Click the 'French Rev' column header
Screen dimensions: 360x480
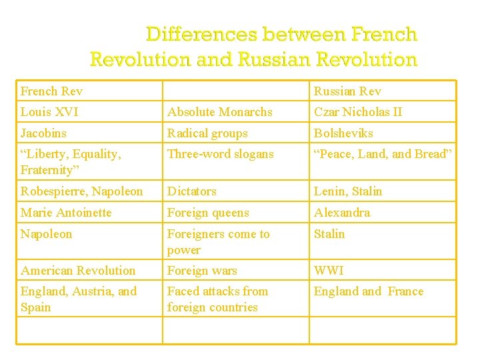pyautogui.click(x=51, y=91)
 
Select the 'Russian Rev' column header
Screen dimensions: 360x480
pyautogui.click(x=347, y=91)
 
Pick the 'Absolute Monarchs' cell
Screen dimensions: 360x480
pyautogui.click(x=219, y=112)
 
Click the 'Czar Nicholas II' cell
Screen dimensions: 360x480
pyautogui.click(x=358, y=112)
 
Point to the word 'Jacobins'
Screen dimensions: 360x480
pyautogui.click(x=43, y=133)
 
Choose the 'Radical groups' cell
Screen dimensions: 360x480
pyautogui.click(x=207, y=133)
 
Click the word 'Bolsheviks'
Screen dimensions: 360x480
pyautogui.click(x=343, y=133)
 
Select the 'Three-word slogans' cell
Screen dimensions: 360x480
pyautogui.click(x=220, y=154)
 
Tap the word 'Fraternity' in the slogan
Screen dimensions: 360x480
pyautogui.click(x=49, y=170)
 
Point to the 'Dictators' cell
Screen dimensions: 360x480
pyautogui.click(x=192, y=191)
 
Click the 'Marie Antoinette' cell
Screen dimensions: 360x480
pyautogui.click(x=66, y=213)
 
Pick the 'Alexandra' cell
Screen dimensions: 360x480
pyautogui.click(x=342, y=213)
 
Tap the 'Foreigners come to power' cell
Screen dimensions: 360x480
pyautogui.click(x=218, y=241)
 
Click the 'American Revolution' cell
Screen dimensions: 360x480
pyautogui.click(x=78, y=271)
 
